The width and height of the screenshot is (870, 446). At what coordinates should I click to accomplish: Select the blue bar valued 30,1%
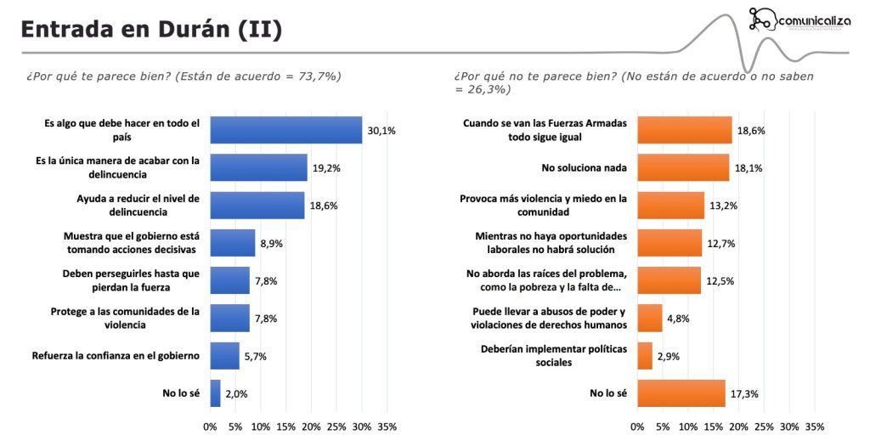tap(286, 130)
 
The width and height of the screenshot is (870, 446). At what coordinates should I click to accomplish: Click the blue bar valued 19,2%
tap(258, 167)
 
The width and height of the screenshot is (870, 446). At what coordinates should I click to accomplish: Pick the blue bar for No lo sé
tap(215, 393)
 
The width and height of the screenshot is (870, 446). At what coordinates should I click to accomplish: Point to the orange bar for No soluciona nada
tap(683, 167)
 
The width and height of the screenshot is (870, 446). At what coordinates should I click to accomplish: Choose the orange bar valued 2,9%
tap(645, 356)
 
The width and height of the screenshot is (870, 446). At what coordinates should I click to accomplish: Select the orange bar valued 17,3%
tap(681, 393)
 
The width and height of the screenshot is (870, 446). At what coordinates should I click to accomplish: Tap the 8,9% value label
tap(271, 243)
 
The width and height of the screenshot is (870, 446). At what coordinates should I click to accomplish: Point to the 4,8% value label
tap(678, 319)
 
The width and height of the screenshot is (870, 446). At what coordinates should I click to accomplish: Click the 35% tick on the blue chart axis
tap(387, 426)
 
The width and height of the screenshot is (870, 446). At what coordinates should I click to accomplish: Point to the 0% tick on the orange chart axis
tap(638, 426)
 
